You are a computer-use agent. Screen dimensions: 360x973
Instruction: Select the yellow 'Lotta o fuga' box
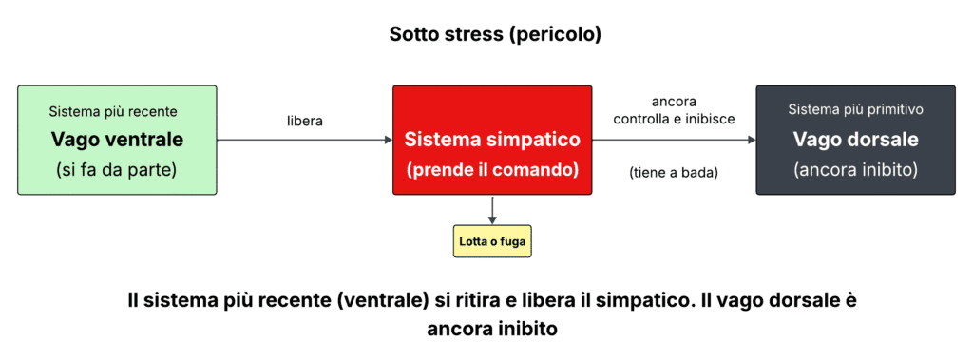point(492,241)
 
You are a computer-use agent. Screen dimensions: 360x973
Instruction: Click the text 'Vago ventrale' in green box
point(117,140)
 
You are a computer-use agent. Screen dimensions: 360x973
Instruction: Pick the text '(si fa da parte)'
point(117,169)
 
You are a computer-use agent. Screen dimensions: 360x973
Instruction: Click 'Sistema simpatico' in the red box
point(492,139)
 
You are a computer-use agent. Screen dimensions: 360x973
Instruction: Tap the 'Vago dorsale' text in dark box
point(856,139)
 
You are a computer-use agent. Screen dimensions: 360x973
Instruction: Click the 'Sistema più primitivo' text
point(855,110)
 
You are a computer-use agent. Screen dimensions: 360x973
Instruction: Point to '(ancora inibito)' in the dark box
point(855,169)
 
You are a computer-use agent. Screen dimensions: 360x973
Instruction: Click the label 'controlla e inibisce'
point(674,119)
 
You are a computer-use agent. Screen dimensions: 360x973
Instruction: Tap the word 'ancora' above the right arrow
point(674,101)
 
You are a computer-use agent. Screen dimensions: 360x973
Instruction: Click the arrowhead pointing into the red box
point(388,140)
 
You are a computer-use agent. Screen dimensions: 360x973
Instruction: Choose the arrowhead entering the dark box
point(751,140)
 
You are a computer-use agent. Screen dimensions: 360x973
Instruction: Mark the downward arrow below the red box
point(492,211)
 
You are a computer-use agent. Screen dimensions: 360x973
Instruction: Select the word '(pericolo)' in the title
point(558,34)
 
